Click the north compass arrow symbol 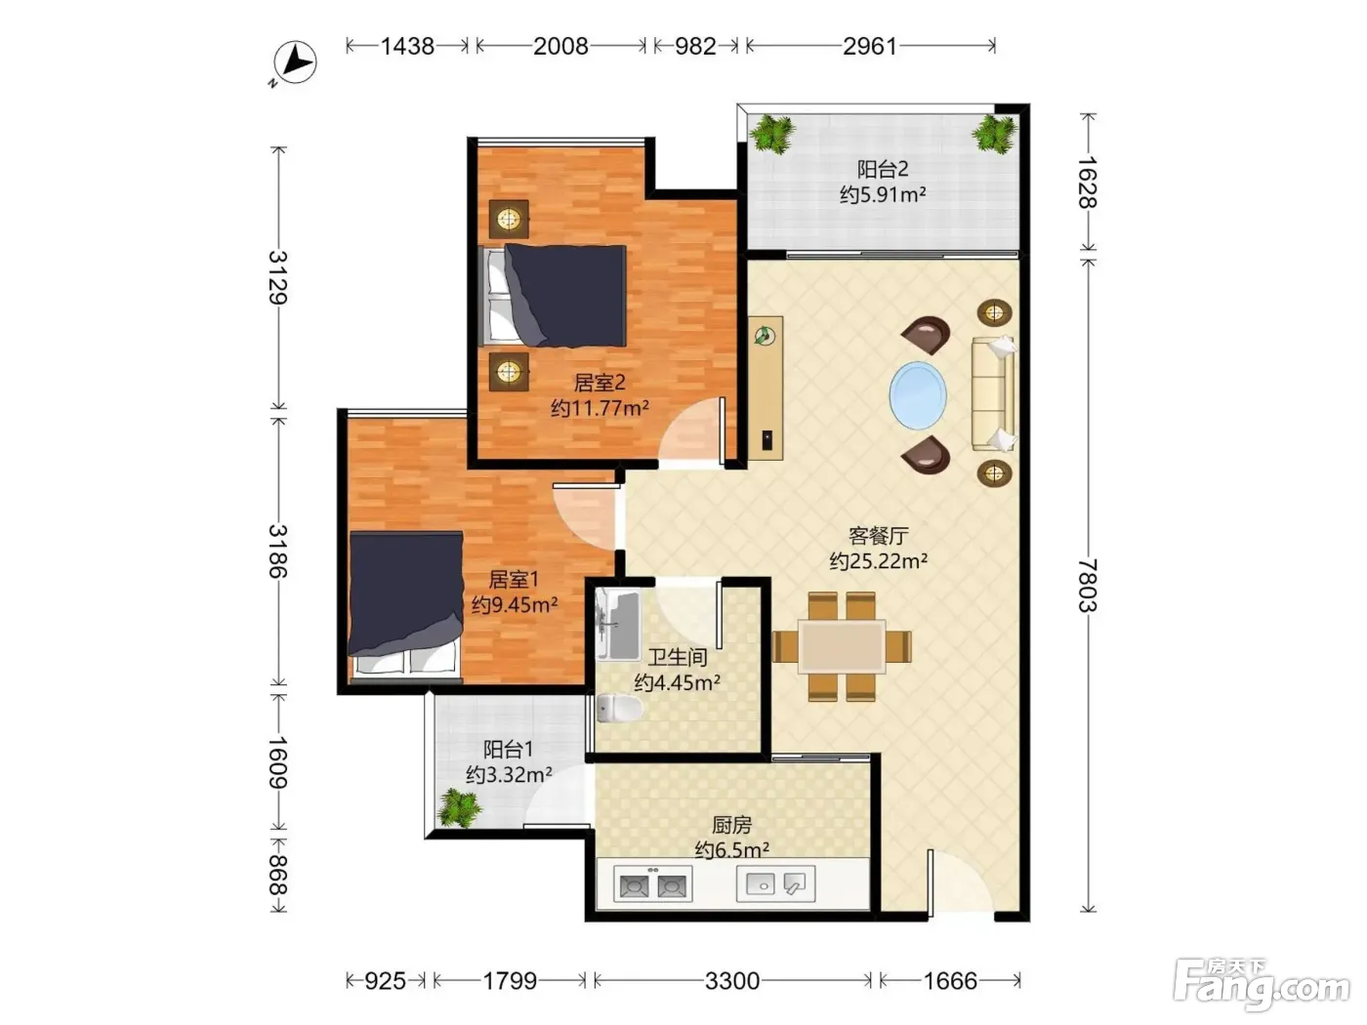click(x=295, y=62)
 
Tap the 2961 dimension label click(x=869, y=46)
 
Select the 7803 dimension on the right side click(x=1088, y=586)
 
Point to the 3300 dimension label click(x=731, y=981)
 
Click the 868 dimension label click(x=277, y=875)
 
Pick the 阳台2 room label click(x=883, y=169)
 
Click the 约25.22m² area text click(x=878, y=561)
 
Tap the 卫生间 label click(x=677, y=657)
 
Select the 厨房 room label click(x=731, y=825)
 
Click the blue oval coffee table click(x=917, y=395)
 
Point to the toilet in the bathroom click(x=619, y=709)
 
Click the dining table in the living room click(x=842, y=646)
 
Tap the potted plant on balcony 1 click(x=460, y=808)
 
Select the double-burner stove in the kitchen click(x=652, y=884)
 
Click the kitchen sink click(x=775, y=883)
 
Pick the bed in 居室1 click(x=406, y=603)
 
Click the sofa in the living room click(x=994, y=393)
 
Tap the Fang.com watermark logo click(x=1262, y=984)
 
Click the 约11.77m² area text click(x=600, y=408)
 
